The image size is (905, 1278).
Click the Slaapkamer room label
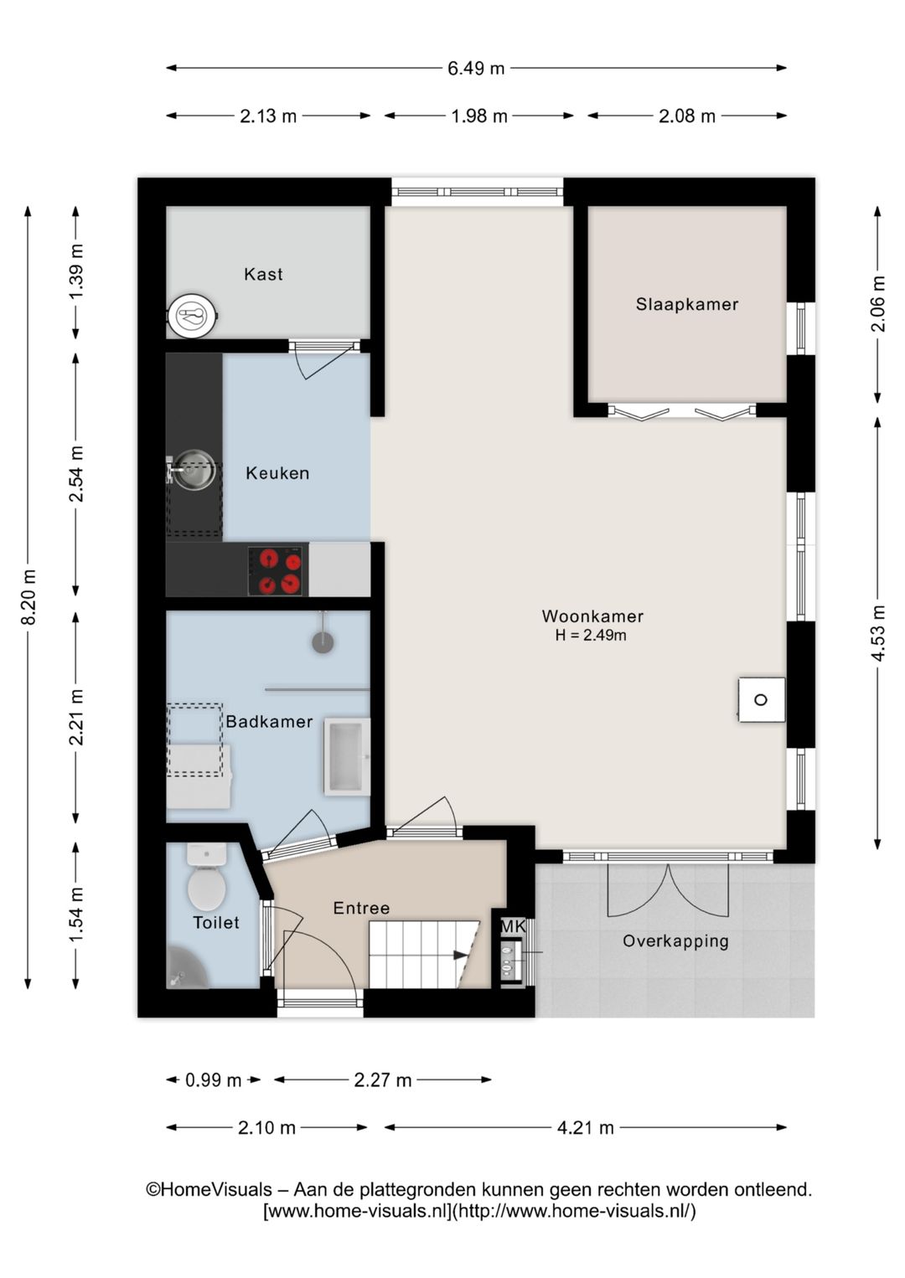(687, 304)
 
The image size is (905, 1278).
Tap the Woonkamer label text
(592, 616)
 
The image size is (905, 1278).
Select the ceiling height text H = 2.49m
(591, 635)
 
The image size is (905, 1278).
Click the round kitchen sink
(194, 470)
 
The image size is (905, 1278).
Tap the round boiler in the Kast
(193, 314)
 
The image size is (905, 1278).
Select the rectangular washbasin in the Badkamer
(347, 756)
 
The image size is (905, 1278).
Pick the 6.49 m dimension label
(476, 69)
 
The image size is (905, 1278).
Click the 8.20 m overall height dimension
(28, 596)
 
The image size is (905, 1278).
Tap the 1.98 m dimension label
(479, 116)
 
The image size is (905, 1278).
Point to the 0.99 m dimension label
(213, 1080)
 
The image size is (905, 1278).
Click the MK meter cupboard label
(513, 926)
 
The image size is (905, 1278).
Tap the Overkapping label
(675, 940)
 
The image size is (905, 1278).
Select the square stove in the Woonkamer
(761, 699)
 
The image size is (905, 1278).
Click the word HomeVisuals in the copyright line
(216, 1189)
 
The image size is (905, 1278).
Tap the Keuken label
(277, 473)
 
